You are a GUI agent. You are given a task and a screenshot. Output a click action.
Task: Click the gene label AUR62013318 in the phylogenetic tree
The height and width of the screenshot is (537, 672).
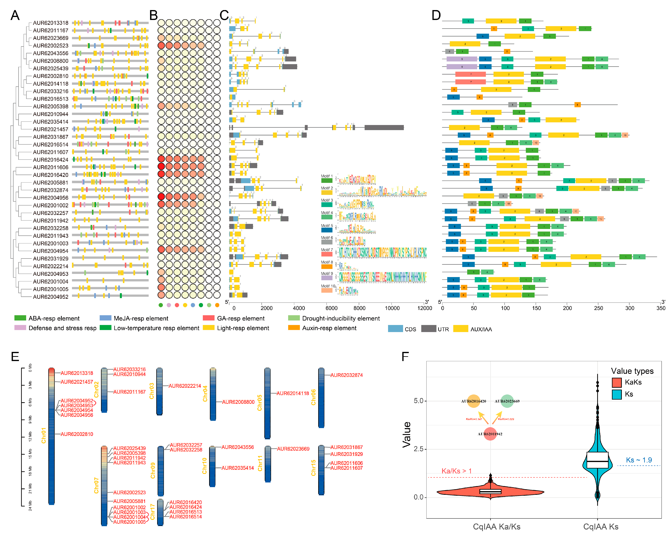(50, 23)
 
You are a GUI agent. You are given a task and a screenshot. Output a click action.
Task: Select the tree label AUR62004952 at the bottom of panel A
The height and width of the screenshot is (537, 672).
(50, 297)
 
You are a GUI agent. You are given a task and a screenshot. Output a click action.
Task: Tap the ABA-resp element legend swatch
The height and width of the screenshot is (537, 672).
(20, 318)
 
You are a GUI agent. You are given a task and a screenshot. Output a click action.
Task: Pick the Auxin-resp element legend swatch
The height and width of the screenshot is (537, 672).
(294, 328)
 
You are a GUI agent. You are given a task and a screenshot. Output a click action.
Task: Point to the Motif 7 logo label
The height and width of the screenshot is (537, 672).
(327, 250)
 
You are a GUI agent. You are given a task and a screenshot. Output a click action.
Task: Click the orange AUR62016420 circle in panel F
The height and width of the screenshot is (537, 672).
(473, 401)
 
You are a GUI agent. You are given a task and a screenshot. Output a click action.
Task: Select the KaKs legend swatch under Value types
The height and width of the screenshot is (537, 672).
(617, 382)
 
